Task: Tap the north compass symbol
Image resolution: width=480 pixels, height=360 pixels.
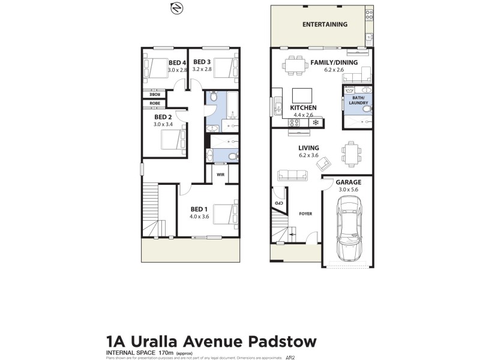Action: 176,8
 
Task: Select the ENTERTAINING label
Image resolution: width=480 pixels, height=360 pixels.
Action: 325,25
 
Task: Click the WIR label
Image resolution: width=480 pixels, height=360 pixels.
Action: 220,175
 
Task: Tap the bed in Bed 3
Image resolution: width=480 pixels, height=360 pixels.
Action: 226,67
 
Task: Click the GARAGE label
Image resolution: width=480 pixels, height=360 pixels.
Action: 349,181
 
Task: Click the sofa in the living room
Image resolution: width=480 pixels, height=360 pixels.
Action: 292,175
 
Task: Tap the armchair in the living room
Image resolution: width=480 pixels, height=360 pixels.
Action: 325,162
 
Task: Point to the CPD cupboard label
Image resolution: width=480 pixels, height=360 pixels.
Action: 278,204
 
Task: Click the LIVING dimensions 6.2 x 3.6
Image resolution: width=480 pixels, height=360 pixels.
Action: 308,155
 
